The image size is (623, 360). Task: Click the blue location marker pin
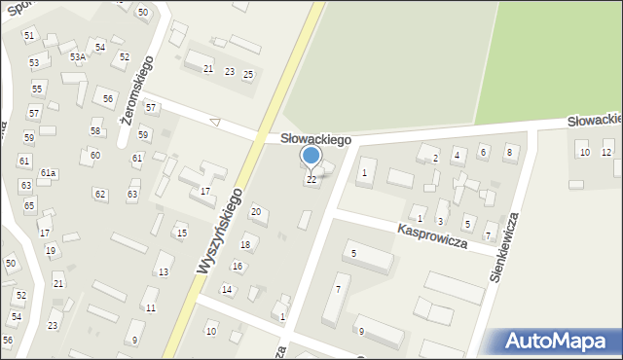click(311, 156)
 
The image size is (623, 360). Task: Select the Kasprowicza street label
click(432, 235)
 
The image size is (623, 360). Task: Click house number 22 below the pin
click(311, 180)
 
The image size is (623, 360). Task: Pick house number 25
click(248, 74)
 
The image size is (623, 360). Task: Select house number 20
click(256, 211)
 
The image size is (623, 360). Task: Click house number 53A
click(77, 57)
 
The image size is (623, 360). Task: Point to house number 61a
click(49, 173)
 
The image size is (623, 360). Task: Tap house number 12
click(606, 152)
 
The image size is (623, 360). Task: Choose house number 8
click(508, 152)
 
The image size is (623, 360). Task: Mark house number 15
click(181, 233)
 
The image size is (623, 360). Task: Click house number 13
click(165, 271)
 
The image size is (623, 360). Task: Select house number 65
click(29, 205)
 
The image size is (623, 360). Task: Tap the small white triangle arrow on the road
click(215, 123)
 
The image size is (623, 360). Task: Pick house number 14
click(227, 289)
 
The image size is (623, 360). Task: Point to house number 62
click(100, 194)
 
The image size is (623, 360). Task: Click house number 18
click(246, 244)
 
